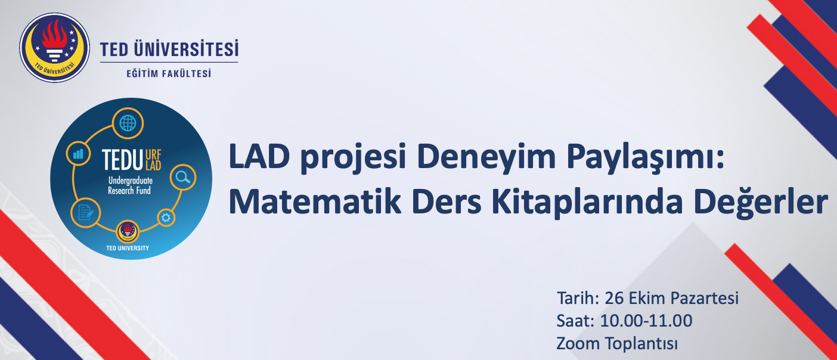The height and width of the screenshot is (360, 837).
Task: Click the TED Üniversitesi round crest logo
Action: coord(55,48)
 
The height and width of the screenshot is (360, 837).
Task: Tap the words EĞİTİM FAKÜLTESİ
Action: coord(169,73)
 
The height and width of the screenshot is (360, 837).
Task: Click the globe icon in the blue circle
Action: coord(128,123)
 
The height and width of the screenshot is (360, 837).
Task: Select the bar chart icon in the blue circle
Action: coord(78,154)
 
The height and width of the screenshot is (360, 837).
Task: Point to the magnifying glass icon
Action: coord(183,177)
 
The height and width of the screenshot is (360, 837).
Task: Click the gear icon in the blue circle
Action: coord(166,218)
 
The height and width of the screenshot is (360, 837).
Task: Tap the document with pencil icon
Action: coord(86,213)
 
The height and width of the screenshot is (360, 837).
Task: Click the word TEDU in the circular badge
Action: coord(122,160)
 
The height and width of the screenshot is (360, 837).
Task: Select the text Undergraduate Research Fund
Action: coord(129,185)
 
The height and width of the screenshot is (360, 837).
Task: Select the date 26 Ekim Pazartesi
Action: coord(671,298)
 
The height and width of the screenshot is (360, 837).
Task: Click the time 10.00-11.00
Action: coord(646,321)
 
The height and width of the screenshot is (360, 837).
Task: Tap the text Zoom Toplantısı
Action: coord(617,343)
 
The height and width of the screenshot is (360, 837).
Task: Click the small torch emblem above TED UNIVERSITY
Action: coord(128,231)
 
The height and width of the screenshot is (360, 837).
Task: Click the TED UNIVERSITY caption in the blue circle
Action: coord(128,248)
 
